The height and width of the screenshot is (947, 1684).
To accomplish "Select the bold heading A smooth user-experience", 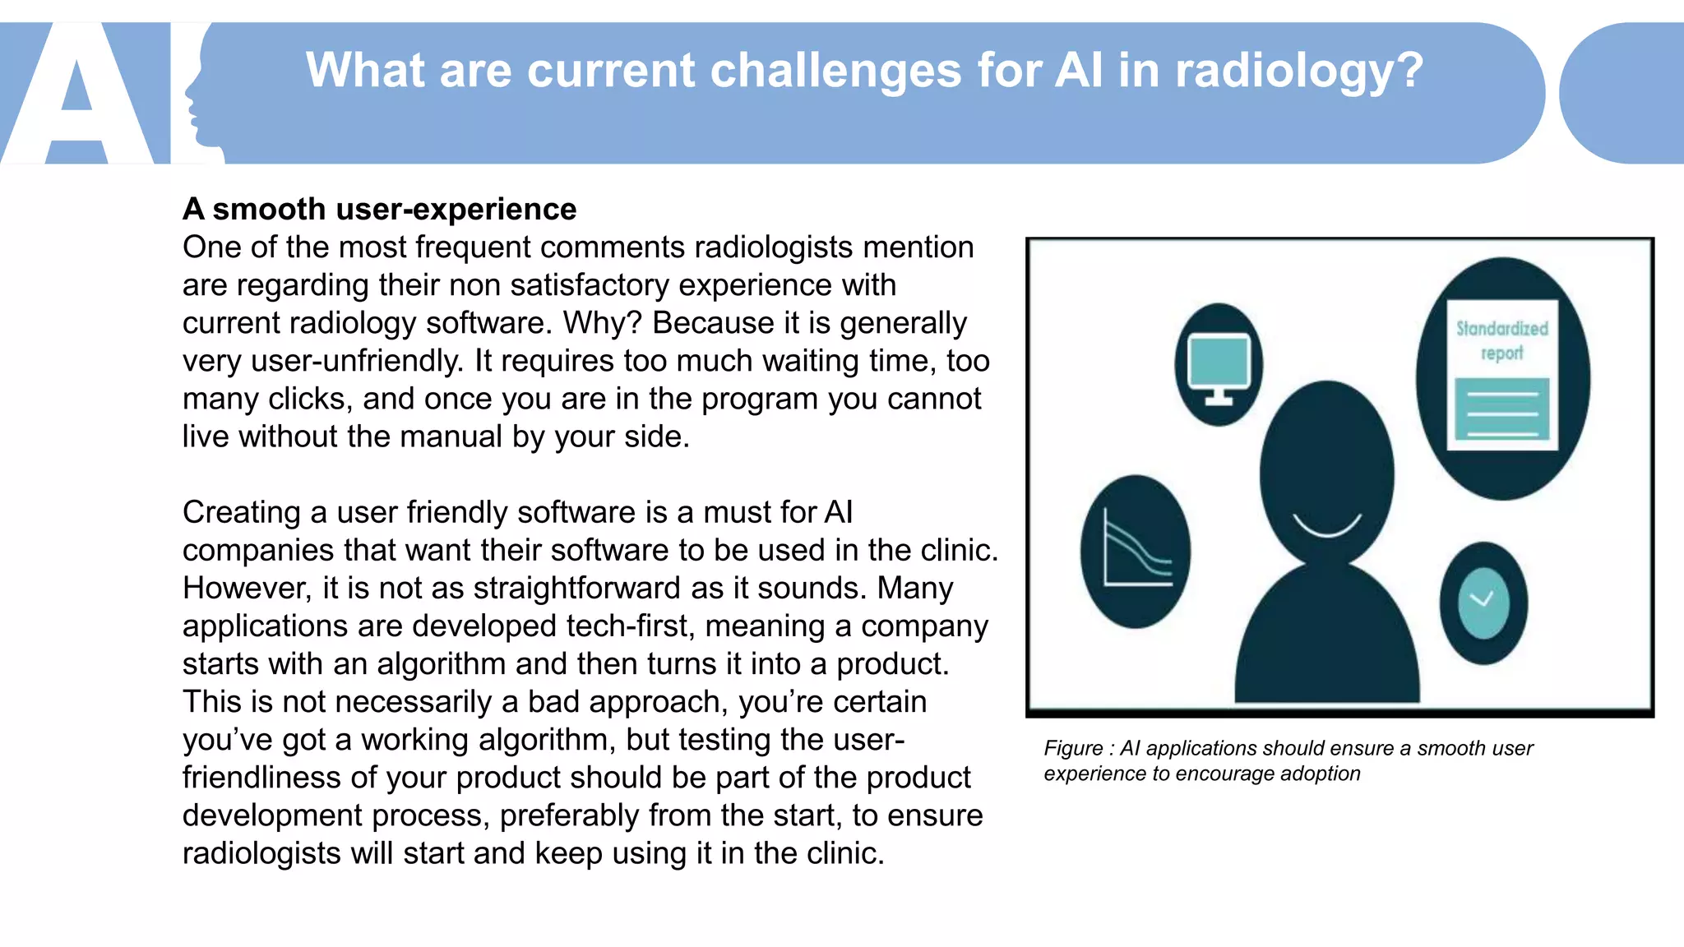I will coord(379,210).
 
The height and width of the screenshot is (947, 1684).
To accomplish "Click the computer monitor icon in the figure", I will coord(1219,365).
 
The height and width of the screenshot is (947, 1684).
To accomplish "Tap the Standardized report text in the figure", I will coord(1502,340).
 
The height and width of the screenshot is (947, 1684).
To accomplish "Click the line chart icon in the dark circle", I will coord(1136,551).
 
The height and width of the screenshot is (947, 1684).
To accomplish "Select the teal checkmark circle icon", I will coord(1483,603).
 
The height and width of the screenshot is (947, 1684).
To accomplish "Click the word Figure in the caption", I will coord(1073,748).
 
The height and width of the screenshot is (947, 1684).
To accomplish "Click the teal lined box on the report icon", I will coord(1501,409).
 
